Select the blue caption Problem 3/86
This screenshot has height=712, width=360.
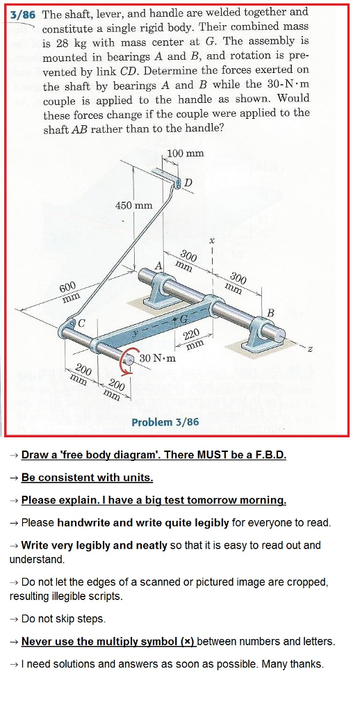tap(165, 422)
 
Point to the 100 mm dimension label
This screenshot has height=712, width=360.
tap(186, 153)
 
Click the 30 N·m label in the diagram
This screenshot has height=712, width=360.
tap(157, 359)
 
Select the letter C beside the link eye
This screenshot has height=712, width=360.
tap(81, 323)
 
